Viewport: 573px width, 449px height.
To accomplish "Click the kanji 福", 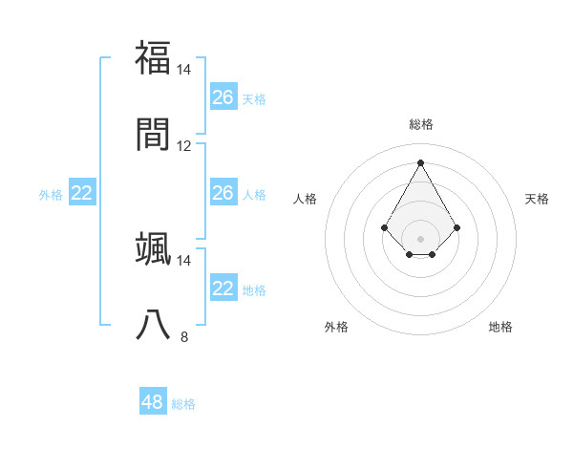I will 154,57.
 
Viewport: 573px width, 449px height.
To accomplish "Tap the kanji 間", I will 154,134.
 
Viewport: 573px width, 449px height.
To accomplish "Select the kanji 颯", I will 154,248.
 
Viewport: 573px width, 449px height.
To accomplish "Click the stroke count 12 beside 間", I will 184,146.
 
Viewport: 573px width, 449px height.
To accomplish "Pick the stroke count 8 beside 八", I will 184,336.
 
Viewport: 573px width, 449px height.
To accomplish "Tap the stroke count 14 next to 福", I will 184,70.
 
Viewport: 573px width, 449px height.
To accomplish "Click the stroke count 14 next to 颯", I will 184,260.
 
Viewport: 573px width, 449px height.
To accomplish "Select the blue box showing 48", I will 153,402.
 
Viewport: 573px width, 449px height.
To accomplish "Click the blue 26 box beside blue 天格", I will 223,97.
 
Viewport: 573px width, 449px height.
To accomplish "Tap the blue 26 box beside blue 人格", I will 223,193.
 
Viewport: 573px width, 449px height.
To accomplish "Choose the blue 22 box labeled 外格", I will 82,193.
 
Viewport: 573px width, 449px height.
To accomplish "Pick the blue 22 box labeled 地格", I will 223,289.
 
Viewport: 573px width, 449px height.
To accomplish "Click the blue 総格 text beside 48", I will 183,404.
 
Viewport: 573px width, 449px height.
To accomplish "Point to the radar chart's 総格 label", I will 421,124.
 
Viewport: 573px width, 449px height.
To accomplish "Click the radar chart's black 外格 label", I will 336,327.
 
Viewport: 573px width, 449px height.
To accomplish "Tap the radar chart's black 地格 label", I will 500,327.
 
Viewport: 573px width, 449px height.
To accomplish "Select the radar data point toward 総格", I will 421,162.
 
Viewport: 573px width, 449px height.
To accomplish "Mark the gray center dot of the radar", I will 421,239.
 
